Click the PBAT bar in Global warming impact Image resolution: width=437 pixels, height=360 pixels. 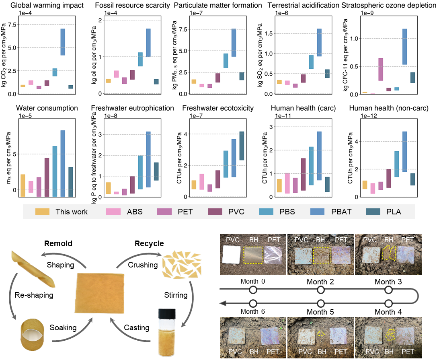click(x=63, y=42)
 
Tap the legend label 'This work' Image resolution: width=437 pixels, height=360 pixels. click(x=71, y=212)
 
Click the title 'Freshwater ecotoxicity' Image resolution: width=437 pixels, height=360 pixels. click(x=218, y=108)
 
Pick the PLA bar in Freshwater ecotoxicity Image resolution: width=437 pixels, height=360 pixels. click(x=242, y=146)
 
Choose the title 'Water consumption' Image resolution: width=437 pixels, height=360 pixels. click(x=47, y=108)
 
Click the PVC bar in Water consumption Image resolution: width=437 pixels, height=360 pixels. click(x=47, y=177)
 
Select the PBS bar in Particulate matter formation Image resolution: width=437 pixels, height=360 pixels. click(x=226, y=61)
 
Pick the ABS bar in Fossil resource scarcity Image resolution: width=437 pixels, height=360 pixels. click(x=117, y=74)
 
